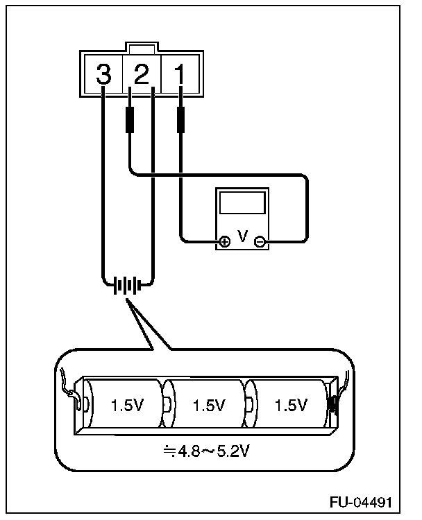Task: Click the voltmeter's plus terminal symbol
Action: pyautogui.click(x=224, y=242)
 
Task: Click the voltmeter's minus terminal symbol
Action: pyautogui.click(x=260, y=242)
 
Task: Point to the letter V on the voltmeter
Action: pyautogui.click(x=242, y=236)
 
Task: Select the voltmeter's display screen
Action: pyautogui.click(x=242, y=203)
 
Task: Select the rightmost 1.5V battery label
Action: pyautogui.click(x=290, y=405)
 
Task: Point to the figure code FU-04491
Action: pyautogui.click(x=369, y=501)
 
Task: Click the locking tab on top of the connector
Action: pyautogui.click(x=142, y=49)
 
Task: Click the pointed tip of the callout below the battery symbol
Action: pyautogui.click(x=125, y=300)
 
